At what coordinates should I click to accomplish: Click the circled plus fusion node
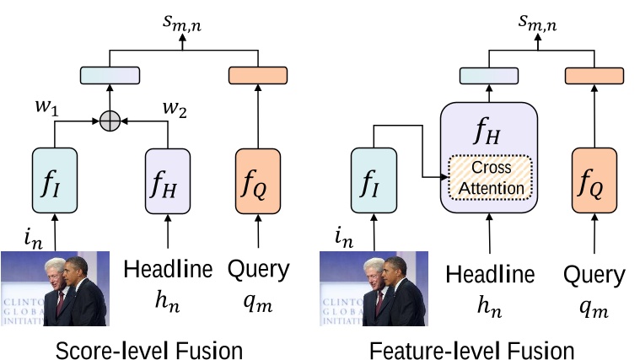(109, 121)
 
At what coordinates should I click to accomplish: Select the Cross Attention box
(491, 179)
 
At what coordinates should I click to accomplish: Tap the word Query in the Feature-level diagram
(594, 275)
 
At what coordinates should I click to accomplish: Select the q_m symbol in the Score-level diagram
(258, 301)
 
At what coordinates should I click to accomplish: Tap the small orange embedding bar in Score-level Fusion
(258, 75)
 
